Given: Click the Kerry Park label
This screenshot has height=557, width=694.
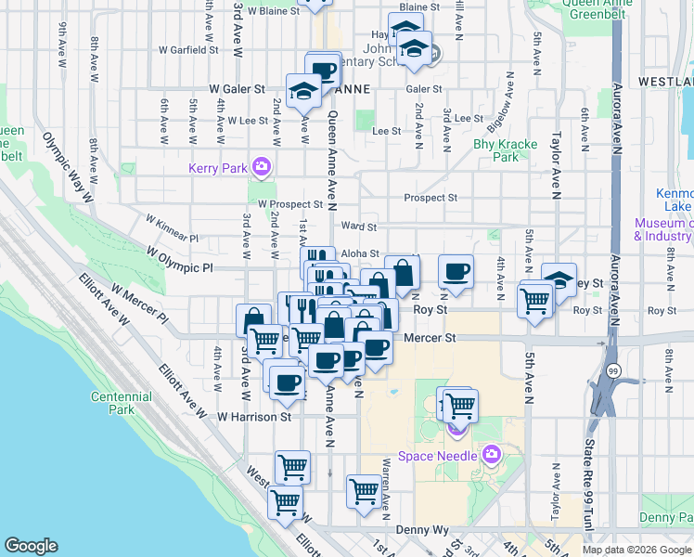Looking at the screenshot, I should tap(214, 168).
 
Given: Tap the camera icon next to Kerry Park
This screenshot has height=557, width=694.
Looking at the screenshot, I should tap(262, 167).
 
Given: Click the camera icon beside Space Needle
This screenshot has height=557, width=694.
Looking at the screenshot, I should tap(491, 455).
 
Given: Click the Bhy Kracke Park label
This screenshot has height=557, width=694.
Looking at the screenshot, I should tap(496, 150).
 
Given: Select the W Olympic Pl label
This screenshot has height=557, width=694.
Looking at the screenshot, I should tap(180, 259).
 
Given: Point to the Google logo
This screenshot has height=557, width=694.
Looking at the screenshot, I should tap(31, 546).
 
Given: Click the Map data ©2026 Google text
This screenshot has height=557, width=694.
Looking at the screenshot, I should tap(636, 550).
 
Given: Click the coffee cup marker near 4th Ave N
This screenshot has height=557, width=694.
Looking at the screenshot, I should tap(456, 271).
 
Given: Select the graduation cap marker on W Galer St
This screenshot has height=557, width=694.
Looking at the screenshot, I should tap(302, 90).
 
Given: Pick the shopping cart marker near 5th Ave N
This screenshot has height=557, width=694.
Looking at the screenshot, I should tap(535, 299).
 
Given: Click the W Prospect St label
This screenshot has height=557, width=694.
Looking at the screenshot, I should tap(290, 203).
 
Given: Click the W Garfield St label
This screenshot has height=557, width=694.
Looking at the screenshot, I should tap(188, 49).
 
